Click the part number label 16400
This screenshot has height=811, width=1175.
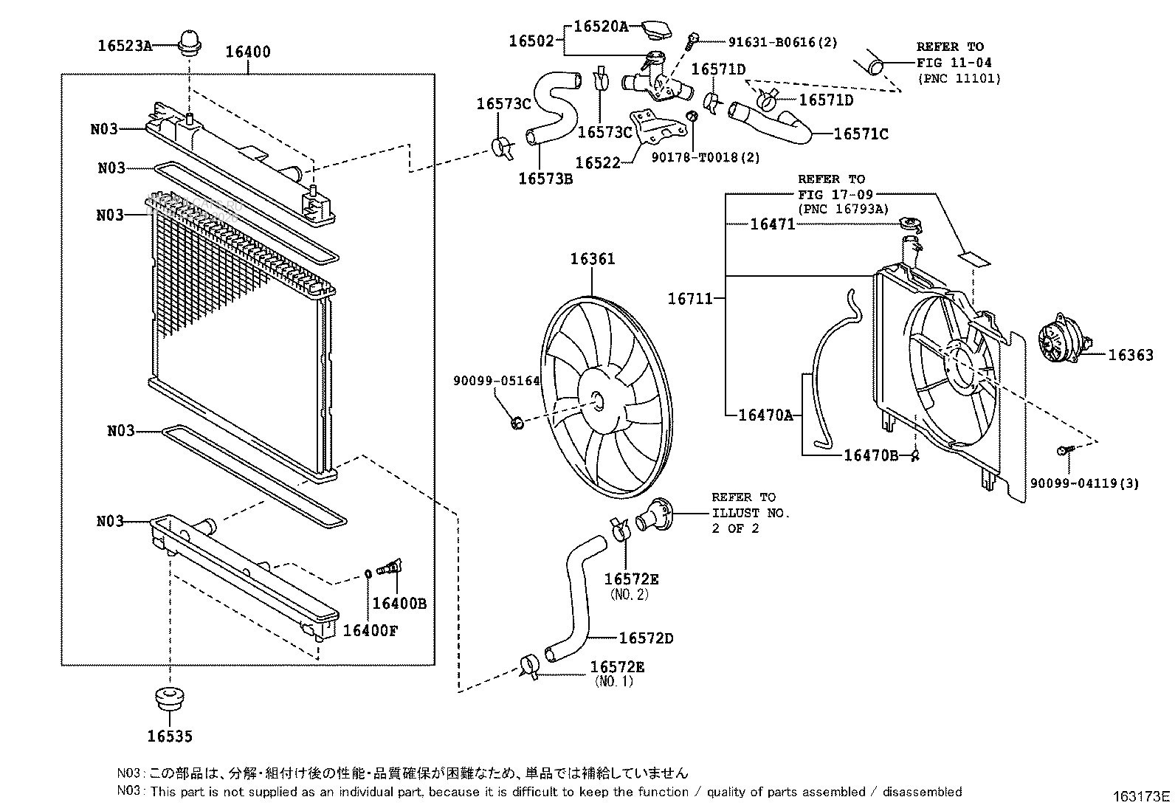click(x=247, y=52)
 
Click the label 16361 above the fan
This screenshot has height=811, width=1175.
click(x=592, y=259)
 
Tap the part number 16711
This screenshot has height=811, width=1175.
click(x=690, y=299)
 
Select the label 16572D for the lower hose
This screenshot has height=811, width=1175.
click(x=646, y=638)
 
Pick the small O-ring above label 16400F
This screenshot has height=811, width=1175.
click(x=368, y=573)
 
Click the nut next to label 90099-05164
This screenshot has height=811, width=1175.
click(x=517, y=422)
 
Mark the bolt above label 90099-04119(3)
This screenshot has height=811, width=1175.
click(x=1063, y=450)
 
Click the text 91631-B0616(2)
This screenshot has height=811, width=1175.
click(x=773, y=43)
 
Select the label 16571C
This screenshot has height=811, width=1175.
click(x=861, y=134)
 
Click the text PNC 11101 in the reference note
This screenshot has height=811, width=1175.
click(x=959, y=78)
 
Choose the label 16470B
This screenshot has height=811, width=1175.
click(x=871, y=455)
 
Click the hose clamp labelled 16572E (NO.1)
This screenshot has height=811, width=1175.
click(x=529, y=666)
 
